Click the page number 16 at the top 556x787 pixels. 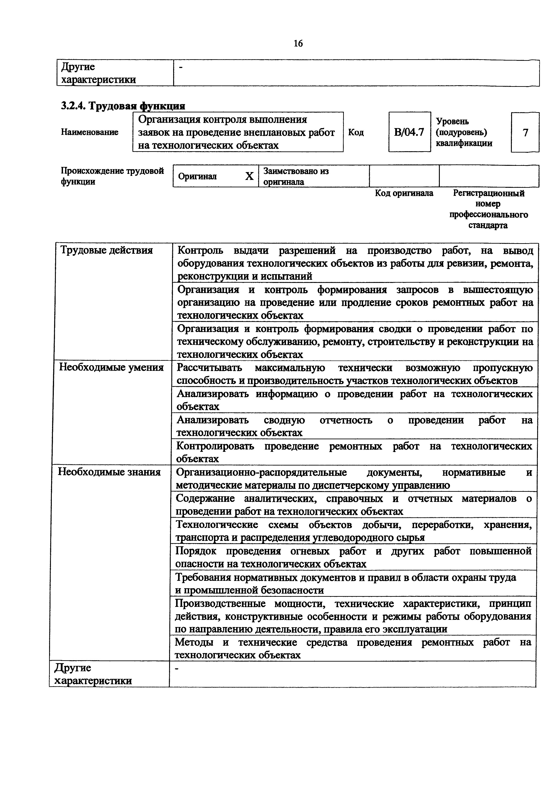(298, 44)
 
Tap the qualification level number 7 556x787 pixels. (525, 132)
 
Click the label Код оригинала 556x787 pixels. (404, 193)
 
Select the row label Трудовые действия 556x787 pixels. (107, 250)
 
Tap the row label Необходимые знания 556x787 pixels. (109, 472)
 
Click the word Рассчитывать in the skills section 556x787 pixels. (209, 368)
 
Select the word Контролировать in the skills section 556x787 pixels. (215, 446)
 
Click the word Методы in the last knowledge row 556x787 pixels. (194, 642)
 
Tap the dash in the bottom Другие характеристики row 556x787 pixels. (177, 668)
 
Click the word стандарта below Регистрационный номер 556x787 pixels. (488, 225)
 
